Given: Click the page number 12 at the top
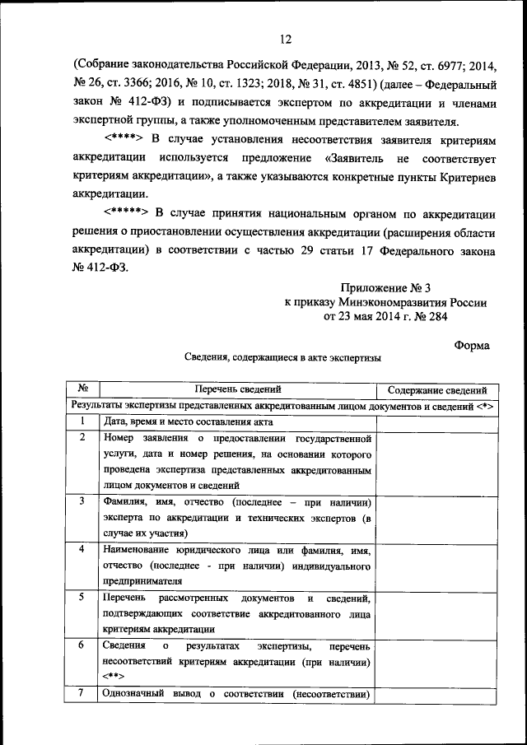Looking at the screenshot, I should pos(286,39).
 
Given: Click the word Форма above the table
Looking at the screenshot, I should pos(472,346).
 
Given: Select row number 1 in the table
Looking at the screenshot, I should pos(83,421).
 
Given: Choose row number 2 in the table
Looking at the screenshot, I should pos(83,437).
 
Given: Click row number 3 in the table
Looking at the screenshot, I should pos(83,501).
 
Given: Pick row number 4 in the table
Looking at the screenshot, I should pos(83,549).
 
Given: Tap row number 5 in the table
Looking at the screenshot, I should pos(83,597).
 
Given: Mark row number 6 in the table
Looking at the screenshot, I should pos(83,645).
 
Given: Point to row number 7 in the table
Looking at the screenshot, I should pos(83,693).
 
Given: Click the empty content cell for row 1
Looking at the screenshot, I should pos(437,421).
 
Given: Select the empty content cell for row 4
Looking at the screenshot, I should pos(437,564).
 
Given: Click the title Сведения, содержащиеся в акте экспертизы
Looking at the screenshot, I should pos(282,358).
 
